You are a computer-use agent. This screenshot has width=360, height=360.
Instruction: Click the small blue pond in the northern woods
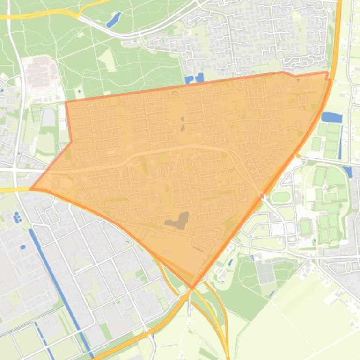tap(113, 20)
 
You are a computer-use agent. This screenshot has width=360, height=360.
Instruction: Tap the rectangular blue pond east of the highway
tap(332, 117)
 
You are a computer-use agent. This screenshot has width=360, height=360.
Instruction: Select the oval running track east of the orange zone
tap(281, 196)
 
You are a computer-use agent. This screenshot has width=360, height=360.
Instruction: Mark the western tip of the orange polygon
tap(31, 189)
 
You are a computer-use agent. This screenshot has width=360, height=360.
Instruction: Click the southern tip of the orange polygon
tap(192, 287)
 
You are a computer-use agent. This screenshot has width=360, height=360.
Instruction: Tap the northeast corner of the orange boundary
tap(327, 72)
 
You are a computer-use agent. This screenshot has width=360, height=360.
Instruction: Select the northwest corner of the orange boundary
tap(66, 102)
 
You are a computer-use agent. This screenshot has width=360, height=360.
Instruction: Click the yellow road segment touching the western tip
tap(14, 190)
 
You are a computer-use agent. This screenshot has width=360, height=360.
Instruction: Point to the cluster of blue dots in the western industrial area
tap(18, 217)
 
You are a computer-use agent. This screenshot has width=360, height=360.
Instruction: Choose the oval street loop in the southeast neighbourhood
tap(347, 266)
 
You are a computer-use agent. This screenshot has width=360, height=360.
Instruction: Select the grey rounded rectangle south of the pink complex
tap(49, 117)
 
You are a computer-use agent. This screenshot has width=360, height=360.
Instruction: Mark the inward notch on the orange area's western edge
tap(71, 141)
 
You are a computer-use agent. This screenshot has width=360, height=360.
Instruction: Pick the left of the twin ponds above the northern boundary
tap(190, 80)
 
